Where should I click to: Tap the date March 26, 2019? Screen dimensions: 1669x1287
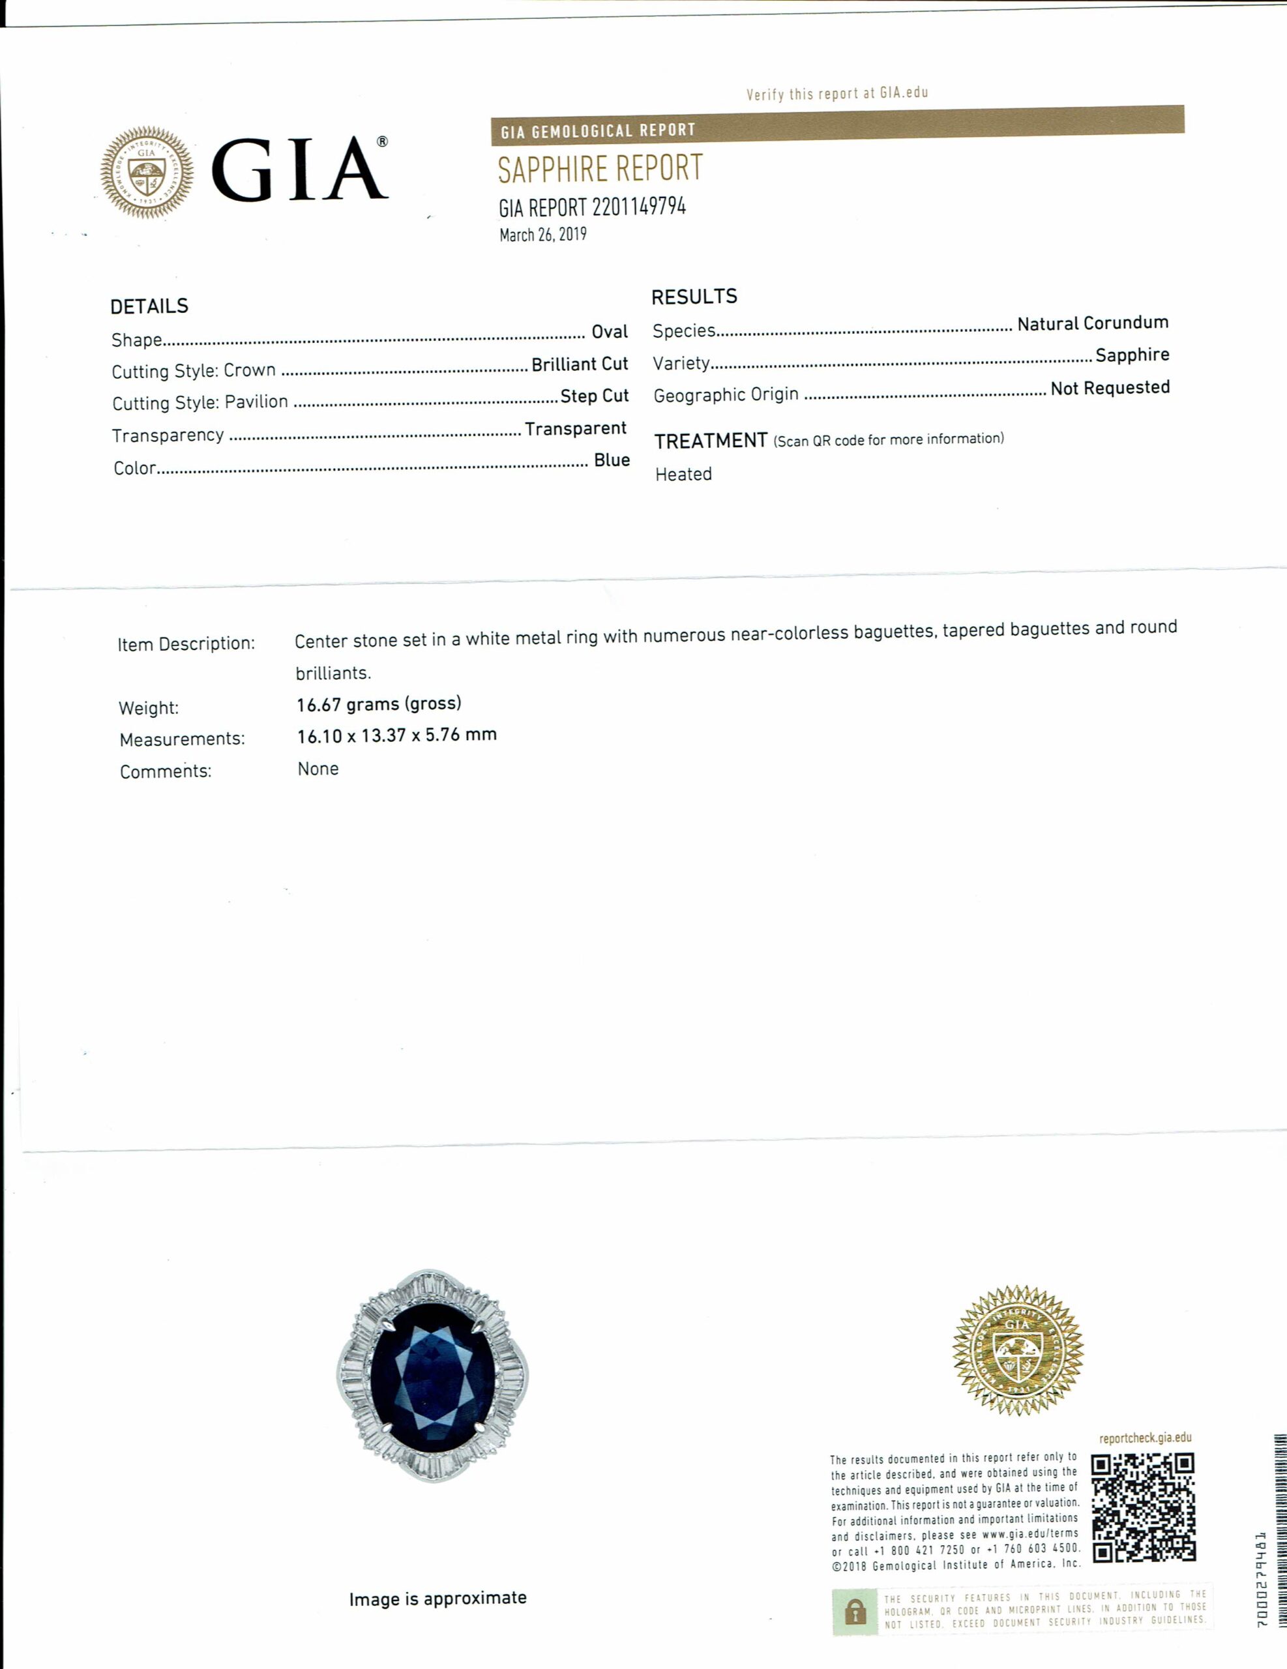[542, 235]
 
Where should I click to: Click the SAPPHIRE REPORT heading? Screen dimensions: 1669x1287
[600, 169]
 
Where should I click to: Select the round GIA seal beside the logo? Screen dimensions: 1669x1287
[147, 173]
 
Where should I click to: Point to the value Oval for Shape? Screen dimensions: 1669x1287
[609, 332]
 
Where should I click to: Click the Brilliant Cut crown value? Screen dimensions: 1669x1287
[580, 364]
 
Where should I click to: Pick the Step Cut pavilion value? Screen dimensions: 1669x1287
[594, 396]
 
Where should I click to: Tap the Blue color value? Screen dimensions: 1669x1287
[612, 460]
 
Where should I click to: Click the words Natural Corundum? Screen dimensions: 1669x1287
[1092, 323]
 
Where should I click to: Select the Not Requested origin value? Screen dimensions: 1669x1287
[1110, 388]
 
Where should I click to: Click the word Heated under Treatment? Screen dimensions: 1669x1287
[683, 475]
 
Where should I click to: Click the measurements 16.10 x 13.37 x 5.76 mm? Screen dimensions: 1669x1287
[396, 735]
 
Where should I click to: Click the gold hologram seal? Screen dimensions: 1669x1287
[1017, 1350]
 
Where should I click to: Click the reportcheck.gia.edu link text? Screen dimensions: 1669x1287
[1145, 1438]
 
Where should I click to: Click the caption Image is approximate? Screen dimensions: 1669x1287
[437, 1598]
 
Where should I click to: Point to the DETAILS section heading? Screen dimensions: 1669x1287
[149, 306]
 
